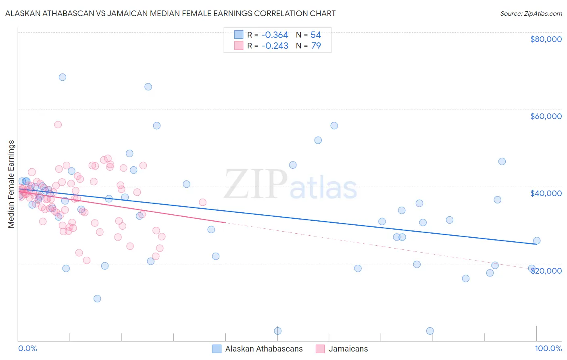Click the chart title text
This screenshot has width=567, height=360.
coord(170,13)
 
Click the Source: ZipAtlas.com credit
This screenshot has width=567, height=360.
coord(531,14)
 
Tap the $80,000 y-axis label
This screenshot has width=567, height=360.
coord(546,39)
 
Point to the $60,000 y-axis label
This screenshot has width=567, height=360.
coord(546,116)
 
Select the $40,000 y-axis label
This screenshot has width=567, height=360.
coord(546,193)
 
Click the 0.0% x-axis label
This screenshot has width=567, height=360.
coord(27,348)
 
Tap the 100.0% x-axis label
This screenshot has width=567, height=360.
coord(548,348)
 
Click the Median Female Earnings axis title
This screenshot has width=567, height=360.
coord(11,184)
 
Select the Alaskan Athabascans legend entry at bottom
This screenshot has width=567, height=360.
coord(264,349)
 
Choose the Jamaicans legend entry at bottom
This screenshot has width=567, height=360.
coord(348,349)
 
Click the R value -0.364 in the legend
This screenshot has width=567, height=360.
coord(275,35)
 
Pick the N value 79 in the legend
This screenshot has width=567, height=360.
coord(316,46)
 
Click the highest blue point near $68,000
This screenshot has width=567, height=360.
coord(63,77)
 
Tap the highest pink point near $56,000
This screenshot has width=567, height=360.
coord(58,125)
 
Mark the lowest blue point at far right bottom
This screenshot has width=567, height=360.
coord(430,331)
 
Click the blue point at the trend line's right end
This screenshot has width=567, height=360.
coord(537,241)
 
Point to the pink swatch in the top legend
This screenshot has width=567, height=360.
coord(239,46)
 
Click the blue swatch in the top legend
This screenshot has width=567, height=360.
coord(239,35)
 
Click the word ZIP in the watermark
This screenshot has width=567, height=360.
coord(255,184)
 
